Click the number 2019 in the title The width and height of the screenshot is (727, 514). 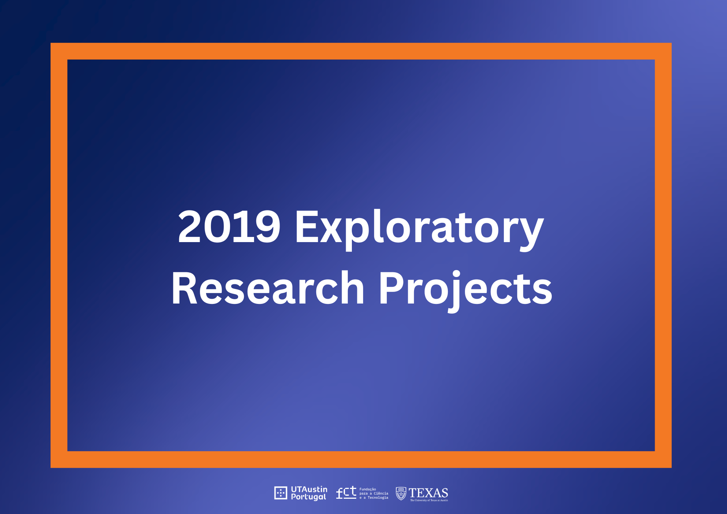click(x=229, y=226)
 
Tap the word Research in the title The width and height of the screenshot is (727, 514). click(x=268, y=288)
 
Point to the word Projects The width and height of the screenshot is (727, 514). click(x=466, y=291)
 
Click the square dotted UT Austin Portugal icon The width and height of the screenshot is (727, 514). click(x=281, y=493)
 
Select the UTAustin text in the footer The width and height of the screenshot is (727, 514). click(x=309, y=489)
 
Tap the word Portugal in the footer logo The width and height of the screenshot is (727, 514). click(x=308, y=497)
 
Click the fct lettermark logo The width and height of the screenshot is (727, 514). click(x=346, y=493)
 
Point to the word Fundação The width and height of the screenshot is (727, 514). click(x=367, y=489)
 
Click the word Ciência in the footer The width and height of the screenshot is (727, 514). click(x=381, y=493)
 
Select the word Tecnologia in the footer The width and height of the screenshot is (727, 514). click(x=378, y=498)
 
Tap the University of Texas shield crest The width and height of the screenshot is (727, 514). click(x=401, y=494)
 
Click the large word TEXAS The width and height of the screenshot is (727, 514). click(x=428, y=493)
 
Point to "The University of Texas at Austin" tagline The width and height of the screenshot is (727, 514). click(x=429, y=501)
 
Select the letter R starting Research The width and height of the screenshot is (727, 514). click(x=185, y=288)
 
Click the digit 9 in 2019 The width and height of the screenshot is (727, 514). click(x=268, y=226)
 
